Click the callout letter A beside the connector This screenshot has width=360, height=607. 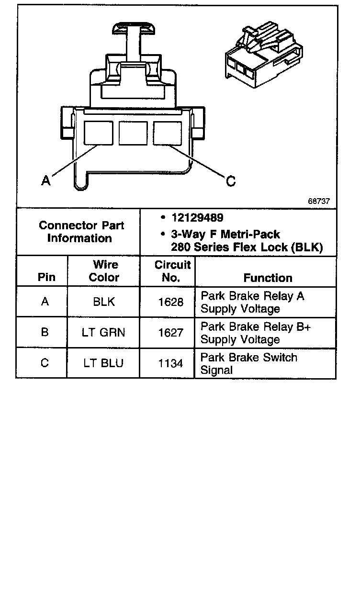tap(45, 180)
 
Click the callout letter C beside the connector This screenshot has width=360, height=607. tap(231, 181)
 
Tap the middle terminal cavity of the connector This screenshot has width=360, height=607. tap(133, 133)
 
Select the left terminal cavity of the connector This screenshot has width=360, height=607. tap(99, 133)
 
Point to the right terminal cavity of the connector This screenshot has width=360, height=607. tap(168, 133)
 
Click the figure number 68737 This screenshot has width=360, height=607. tap(318, 202)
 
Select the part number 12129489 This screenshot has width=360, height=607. tap(197, 218)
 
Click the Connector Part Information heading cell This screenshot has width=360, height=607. tap(79, 232)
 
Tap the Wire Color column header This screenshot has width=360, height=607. tap(104, 271)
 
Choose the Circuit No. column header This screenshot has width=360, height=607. tap(171, 271)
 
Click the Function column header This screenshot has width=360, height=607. tap(268, 278)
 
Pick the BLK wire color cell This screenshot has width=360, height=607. tap(103, 302)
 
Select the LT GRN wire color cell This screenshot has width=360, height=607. tap(103, 332)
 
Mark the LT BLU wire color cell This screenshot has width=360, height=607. tap(103, 363)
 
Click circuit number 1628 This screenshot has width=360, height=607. tap(170, 303)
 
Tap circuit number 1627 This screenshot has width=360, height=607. tap(170, 333)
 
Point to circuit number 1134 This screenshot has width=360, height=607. tap(170, 363)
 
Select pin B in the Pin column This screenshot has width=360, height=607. tap(45, 332)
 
